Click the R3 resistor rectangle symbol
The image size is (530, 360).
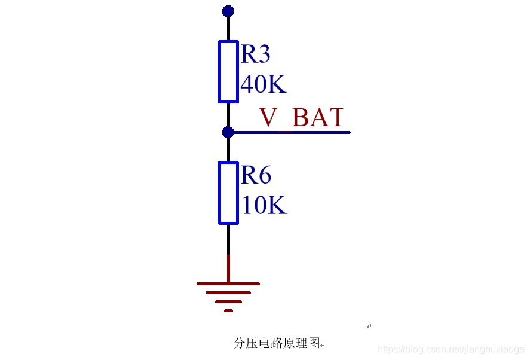[x=228, y=72]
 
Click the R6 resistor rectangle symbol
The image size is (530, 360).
[x=228, y=193]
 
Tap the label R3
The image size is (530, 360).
[x=255, y=54]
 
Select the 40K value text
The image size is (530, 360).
[x=264, y=85]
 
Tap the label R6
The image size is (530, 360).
[x=256, y=175]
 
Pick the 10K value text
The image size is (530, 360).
[x=264, y=206]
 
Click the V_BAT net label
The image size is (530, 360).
[x=301, y=117]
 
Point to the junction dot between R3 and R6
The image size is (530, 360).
[x=228, y=132]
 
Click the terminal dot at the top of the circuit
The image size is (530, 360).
[x=228, y=11]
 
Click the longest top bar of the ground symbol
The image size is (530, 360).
[x=228, y=283]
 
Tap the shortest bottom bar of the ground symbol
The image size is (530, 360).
[x=228, y=310]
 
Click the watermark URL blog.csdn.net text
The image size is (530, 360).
[x=451, y=349]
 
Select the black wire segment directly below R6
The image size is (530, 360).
[x=228, y=239]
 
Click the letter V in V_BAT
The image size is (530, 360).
[x=268, y=117]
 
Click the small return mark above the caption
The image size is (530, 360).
[x=369, y=327]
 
